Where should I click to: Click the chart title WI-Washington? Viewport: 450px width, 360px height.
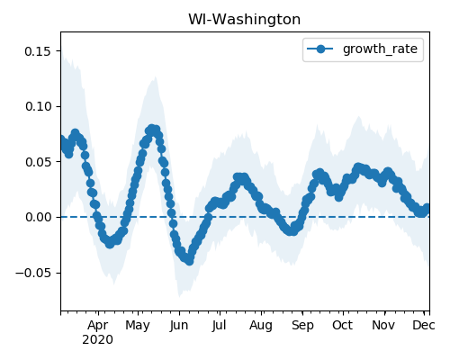tap(244, 20)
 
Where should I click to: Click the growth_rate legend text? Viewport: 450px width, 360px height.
tap(380, 49)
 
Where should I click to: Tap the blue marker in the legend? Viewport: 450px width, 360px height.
tap(320, 49)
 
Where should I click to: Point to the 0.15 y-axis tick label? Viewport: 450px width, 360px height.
tap(38, 51)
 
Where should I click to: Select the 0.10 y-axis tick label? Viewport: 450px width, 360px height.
tap(38, 106)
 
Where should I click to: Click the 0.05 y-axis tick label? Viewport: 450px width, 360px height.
tap(38, 162)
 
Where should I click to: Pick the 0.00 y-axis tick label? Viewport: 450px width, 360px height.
tap(38, 217)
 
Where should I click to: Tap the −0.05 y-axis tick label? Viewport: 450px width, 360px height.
tap(33, 273)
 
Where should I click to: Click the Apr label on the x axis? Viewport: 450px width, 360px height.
tap(98, 326)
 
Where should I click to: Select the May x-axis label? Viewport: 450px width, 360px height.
tap(138, 326)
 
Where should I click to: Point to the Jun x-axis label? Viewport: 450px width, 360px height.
tap(179, 326)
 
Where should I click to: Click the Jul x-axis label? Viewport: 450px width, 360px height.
tap(220, 325)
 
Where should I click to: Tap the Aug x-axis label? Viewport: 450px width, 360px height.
tap(261, 326)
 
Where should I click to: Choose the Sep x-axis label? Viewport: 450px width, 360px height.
tap(302, 326)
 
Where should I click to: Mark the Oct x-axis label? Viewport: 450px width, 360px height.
tap(343, 325)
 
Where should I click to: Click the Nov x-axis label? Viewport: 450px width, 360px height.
tap(383, 325)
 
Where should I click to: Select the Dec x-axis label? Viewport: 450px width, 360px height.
tap(424, 325)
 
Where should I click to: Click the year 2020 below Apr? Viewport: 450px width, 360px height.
tap(98, 340)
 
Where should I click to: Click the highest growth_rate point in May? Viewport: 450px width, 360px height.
tap(152, 129)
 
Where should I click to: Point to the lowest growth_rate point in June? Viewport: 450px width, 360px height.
tap(189, 261)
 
